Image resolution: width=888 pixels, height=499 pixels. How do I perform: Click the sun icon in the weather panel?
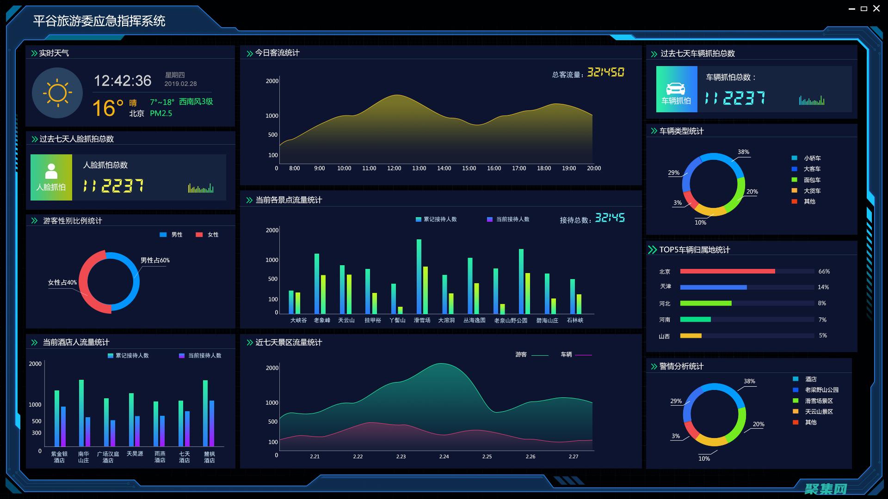tap(57, 93)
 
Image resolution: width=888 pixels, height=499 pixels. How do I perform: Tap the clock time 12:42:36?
tap(123, 81)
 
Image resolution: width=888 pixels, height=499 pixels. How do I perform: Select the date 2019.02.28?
tap(180, 84)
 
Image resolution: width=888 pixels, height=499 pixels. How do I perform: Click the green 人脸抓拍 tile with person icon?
tap(51, 177)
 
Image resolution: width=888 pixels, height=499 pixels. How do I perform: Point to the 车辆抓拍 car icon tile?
tap(676, 89)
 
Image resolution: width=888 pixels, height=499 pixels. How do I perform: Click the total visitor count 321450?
tap(605, 73)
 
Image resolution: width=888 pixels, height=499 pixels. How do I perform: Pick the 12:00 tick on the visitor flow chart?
tap(394, 169)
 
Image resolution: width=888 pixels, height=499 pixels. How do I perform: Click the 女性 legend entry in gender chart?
tap(208, 235)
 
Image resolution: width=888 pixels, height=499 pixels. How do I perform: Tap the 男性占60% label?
tap(155, 261)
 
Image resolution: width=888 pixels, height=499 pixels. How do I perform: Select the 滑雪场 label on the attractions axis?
tap(422, 320)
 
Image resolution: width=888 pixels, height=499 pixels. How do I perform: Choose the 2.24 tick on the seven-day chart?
tap(444, 456)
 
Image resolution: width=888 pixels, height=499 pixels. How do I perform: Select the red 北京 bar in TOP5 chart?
tap(727, 272)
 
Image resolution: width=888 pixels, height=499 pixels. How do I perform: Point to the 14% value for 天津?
tap(823, 287)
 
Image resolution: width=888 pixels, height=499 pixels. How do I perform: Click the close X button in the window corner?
tap(876, 8)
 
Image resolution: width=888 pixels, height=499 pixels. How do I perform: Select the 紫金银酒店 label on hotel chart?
tap(59, 457)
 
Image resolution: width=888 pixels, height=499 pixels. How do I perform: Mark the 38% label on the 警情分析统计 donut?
tap(749, 381)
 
